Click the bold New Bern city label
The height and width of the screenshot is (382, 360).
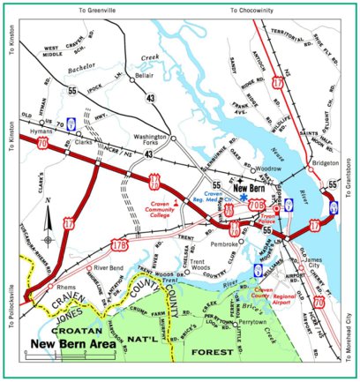click(251, 187)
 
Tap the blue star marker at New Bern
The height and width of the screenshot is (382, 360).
click(243, 198)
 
